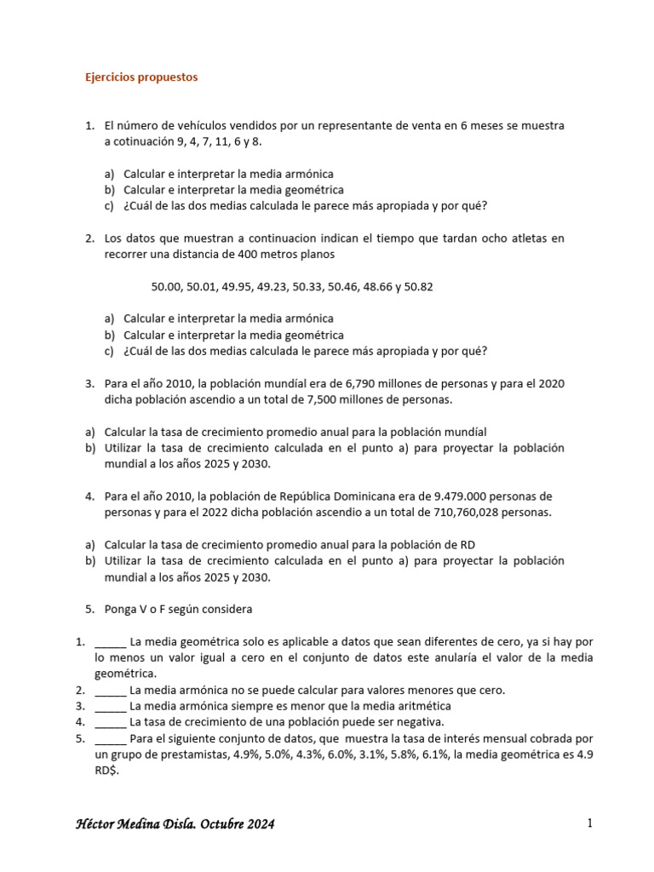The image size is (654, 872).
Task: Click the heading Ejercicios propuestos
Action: pyautogui.click(x=141, y=77)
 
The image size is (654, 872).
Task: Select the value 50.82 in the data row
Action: pyautogui.click(x=419, y=287)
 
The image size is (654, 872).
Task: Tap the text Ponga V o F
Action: pyautogui.click(x=133, y=610)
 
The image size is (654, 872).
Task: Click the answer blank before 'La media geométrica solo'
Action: pyautogui.click(x=111, y=642)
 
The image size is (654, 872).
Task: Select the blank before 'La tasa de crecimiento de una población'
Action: pyautogui.click(x=111, y=722)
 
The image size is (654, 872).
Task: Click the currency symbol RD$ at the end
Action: pyautogui.click(x=107, y=772)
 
